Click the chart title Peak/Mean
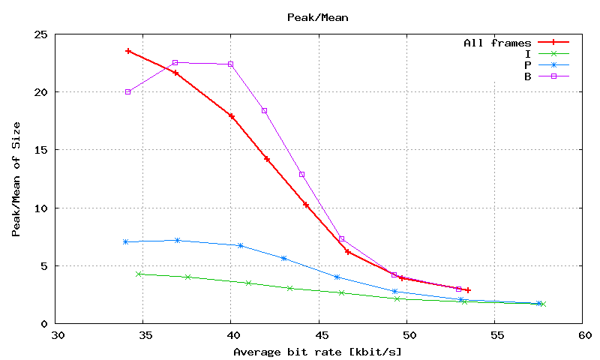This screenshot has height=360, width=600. pos(318,16)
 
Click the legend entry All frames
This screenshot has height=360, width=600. pos(498,43)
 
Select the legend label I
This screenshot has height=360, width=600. pos(529,53)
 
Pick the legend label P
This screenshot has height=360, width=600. pos(529,64)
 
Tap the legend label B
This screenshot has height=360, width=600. pos(529,76)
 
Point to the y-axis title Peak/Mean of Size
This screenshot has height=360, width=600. pos(16,178)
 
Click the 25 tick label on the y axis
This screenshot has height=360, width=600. pos(40,34)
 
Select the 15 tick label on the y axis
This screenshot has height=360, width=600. pos(40,150)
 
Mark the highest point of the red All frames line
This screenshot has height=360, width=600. pos(128,51)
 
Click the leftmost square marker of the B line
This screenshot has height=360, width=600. pos(128,91)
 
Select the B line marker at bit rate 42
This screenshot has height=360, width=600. pos(264,111)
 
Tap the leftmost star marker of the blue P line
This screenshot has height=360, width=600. pos(125,241)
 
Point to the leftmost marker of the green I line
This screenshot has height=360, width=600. pos(139,274)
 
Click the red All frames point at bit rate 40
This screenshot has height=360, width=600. pos(232,116)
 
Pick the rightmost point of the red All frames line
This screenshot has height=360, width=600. pos(467,289)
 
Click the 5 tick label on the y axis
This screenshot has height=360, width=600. pos(43,265)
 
